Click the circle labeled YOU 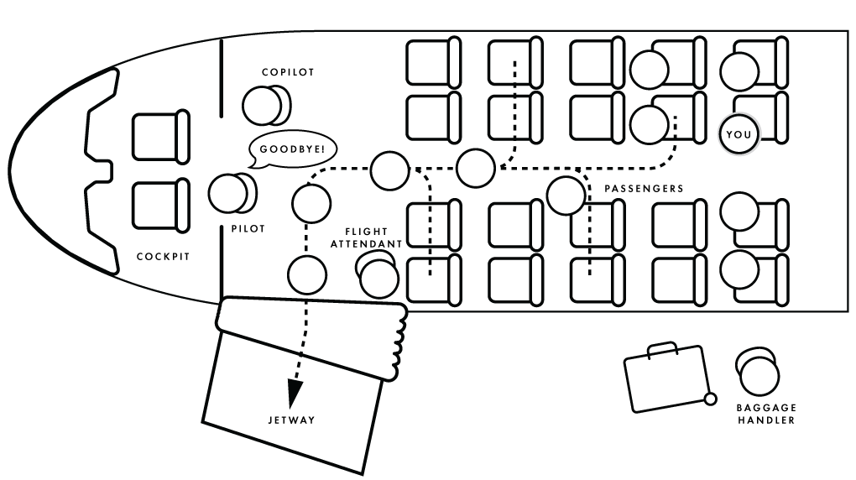click(739, 134)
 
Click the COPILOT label click(287, 72)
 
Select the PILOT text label click(248, 228)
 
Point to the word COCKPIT click(163, 257)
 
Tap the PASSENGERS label click(644, 189)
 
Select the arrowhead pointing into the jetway click(295, 392)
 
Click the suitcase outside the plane click(666, 378)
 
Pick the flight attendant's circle click(378, 277)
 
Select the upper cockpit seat click(160, 136)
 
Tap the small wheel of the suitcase click(710, 399)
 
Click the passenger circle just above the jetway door click(306, 275)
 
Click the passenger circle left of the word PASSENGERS click(566, 195)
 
